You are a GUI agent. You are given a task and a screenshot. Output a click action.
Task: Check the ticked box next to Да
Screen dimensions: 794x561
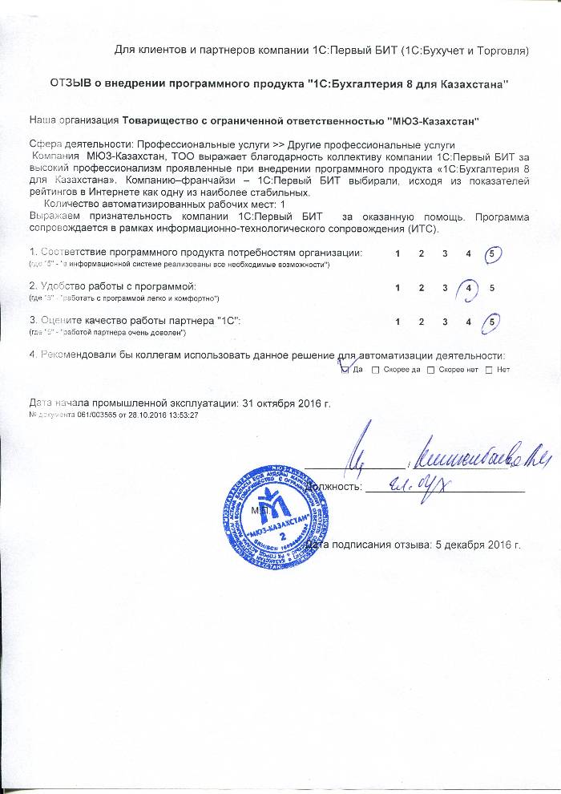point(345,370)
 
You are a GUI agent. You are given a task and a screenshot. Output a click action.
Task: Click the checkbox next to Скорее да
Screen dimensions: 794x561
point(375,370)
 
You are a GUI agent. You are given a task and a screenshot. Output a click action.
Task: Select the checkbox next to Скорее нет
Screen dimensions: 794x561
point(430,370)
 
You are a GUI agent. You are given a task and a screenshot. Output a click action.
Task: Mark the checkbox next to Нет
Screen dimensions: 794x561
point(489,370)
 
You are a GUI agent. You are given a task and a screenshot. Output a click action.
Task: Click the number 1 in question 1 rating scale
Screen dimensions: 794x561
point(398,253)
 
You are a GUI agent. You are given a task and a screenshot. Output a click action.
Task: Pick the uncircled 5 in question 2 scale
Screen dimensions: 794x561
point(491,287)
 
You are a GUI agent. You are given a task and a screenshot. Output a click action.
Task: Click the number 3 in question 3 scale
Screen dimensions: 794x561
point(444,322)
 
